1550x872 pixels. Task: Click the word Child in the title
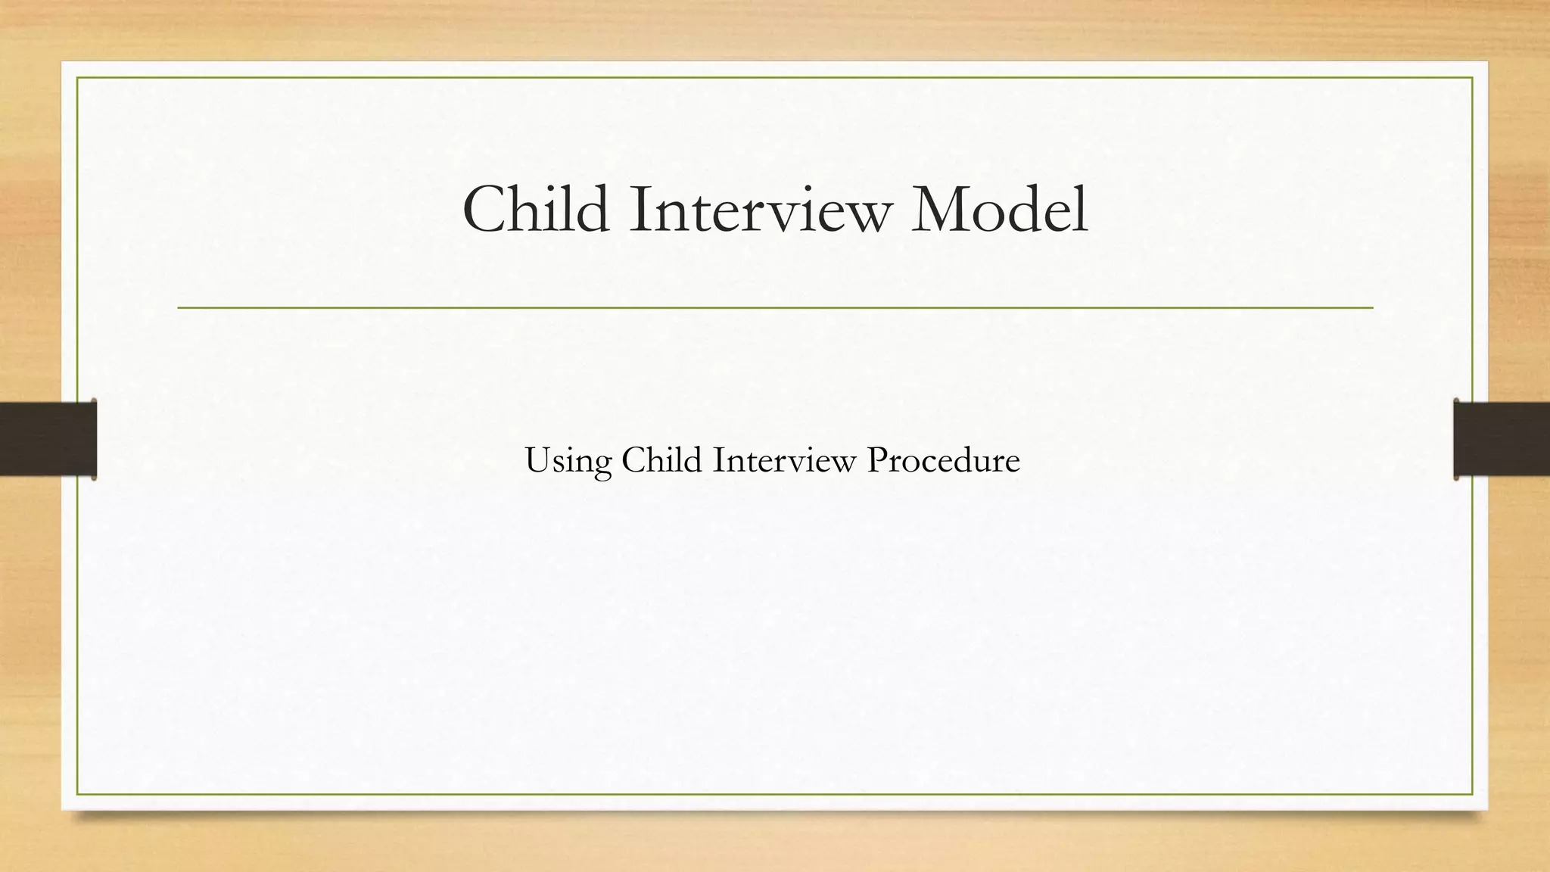(536, 209)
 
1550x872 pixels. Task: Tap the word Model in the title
(999, 209)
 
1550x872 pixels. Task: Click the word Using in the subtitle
(568, 461)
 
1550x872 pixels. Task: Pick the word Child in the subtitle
(661, 459)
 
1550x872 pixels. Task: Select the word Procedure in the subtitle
(943, 459)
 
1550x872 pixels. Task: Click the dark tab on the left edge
(48, 439)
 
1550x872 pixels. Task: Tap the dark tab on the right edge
(1502, 439)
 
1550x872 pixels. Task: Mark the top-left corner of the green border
(77, 78)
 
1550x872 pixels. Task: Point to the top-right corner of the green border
(1472, 78)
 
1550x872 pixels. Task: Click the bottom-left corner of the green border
(77, 794)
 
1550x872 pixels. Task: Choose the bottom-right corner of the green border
(1472, 794)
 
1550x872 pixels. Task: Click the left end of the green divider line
(179, 308)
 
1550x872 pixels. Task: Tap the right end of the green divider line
(1372, 308)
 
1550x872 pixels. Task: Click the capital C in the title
(486, 209)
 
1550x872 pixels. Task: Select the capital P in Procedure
(878, 459)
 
